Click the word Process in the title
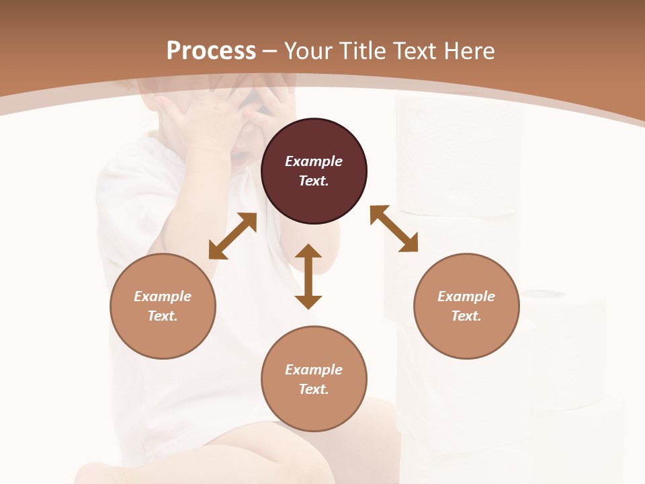tap(211, 51)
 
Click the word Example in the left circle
tap(163, 296)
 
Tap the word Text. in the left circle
tap(163, 316)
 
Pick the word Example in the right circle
tap(466, 296)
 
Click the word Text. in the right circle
tap(466, 316)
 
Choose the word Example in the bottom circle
tap(314, 370)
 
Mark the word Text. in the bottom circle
tap(314, 389)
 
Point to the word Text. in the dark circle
tap(314, 181)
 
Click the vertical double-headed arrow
tap(308, 276)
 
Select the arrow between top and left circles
tap(232, 236)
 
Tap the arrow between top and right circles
tap(394, 229)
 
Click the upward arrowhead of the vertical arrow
tap(308, 251)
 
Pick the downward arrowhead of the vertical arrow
tap(308, 301)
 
